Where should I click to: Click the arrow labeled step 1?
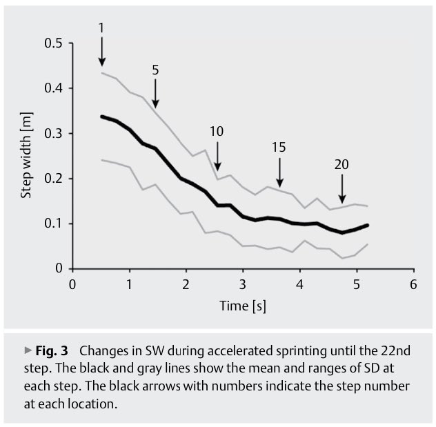101,52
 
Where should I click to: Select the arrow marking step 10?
217,155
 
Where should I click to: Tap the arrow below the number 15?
279,172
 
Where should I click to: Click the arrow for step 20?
342,188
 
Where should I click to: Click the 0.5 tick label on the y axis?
54,43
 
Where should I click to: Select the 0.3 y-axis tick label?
54,133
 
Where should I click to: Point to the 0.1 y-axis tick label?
54,224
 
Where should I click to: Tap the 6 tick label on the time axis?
413,284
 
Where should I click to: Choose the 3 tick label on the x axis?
243,284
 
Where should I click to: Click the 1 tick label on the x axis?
129,284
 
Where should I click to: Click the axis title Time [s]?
242,305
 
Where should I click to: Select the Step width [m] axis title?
27,156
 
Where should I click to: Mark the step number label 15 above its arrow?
279,147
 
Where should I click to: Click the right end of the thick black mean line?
368,225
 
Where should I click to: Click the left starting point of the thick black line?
101,117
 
